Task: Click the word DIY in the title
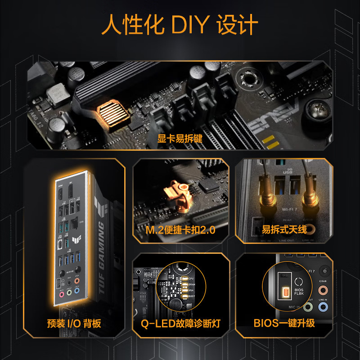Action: [x=190, y=26]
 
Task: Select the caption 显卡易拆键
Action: [x=180, y=139]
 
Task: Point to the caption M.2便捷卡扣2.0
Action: [x=180, y=230]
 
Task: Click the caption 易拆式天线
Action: [x=284, y=230]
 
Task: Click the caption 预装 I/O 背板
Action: [x=74, y=323]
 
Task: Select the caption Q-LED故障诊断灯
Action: [x=180, y=323]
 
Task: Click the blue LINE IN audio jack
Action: [x=322, y=307]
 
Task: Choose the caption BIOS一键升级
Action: [x=284, y=323]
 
